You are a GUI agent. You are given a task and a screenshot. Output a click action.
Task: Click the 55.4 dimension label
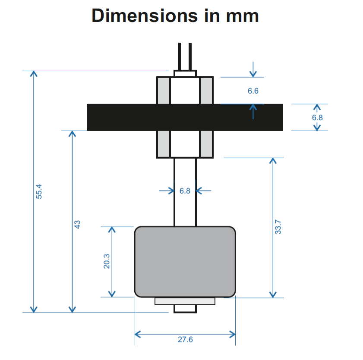coord(39,191)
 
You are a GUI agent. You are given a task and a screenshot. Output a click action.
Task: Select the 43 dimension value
coord(78,224)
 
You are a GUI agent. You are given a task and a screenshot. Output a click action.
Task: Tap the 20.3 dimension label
coord(107,261)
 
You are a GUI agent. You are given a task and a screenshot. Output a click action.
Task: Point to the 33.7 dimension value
coord(278,227)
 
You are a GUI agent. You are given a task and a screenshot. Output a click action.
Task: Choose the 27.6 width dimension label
coord(185,340)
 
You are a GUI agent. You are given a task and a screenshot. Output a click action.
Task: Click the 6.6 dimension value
coord(253,91)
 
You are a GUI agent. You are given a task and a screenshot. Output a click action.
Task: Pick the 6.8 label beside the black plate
coord(317,117)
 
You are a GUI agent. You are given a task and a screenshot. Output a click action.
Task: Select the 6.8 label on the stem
coord(185,191)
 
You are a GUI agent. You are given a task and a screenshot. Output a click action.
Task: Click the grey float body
coord(185,262)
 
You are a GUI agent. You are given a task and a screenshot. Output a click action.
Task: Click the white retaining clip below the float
coord(185,301)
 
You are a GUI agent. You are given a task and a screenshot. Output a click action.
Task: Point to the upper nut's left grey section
coord(164,91)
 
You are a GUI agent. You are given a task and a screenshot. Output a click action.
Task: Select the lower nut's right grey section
coord(207,144)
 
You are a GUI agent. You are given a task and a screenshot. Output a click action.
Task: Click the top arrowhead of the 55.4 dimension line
coord(33,73)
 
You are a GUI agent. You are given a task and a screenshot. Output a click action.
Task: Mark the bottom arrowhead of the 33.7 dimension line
coord(273,294)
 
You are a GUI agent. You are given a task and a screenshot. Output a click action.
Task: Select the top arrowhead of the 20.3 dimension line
coord(112,230)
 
